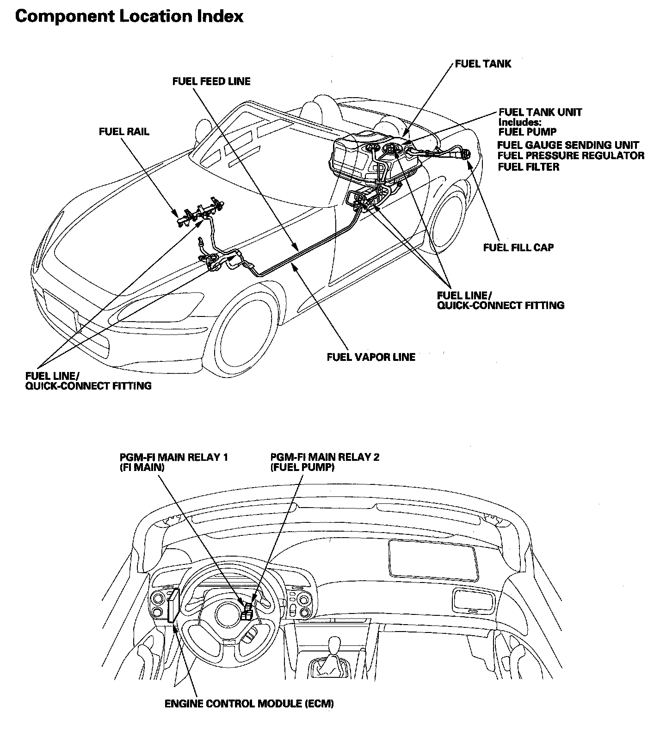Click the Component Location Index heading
[129, 17]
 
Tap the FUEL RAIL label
[124, 132]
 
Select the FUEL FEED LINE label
[211, 81]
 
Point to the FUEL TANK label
[483, 63]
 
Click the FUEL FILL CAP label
[518, 247]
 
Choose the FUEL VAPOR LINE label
[371, 357]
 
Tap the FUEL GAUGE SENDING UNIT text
[568, 145]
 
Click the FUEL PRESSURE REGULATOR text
[571, 155]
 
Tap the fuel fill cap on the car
[465, 153]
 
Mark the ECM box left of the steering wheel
[173, 606]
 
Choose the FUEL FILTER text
[528, 167]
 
